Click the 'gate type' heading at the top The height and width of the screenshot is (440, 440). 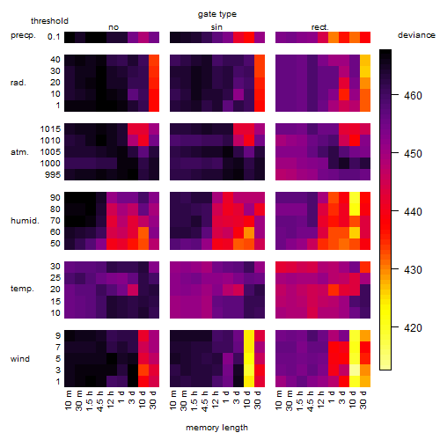[217, 14]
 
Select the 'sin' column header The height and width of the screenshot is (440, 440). [216, 27]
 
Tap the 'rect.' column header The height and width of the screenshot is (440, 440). [320, 27]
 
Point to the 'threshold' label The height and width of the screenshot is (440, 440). [49, 21]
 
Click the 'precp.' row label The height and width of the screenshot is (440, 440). [23, 35]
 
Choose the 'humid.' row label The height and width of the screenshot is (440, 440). [25, 220]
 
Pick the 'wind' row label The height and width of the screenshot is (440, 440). [20, 359]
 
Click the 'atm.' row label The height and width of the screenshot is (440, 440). [19, 152]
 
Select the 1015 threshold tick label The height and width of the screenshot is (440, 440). [50, 129]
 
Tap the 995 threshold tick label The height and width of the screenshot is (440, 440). [53, 175]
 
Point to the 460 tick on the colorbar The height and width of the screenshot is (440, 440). [413, 96]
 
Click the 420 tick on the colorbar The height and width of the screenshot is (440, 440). [413, 327]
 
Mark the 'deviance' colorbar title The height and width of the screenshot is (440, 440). [416, 35]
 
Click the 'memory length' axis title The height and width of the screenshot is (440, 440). [217, 428]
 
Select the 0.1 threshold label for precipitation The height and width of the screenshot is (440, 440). [54, 37]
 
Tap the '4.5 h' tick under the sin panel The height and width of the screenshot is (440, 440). [205, 401]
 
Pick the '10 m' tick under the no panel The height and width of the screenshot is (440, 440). [68, 400]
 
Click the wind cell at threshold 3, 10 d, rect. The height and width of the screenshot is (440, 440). [355, 370]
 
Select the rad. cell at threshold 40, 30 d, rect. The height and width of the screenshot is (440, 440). [365, 61]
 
